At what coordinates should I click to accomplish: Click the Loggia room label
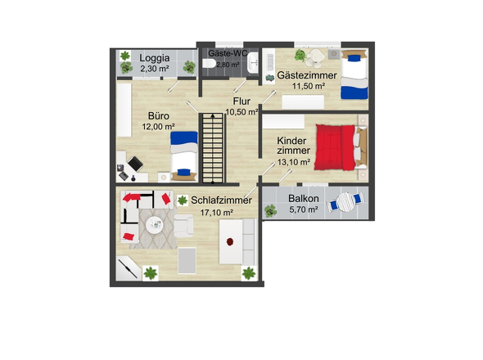point(155,58)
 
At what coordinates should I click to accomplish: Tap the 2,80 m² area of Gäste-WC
point(228,65)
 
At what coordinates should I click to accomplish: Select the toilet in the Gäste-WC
point(210,63)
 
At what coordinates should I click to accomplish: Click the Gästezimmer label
point(307,75)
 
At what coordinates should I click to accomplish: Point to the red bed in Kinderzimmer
point(335,147)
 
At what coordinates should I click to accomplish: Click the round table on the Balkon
point(345,202)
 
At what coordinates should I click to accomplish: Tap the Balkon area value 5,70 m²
point(304,209)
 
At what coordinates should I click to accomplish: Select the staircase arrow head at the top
point(213,116)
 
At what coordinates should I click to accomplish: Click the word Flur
point(241,101)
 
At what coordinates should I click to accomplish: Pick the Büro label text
point(159,116)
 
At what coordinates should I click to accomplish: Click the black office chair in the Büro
point(135,164)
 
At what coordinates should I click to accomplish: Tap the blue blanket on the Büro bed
point(184,137)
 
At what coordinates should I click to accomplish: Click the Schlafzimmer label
point(221,200)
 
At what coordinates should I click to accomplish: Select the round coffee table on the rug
point(154,225)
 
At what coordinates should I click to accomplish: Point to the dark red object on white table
point(230,241)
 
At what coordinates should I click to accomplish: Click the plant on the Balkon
point(270,211)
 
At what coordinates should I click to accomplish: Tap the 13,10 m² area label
point(294,162)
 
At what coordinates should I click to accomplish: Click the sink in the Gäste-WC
point(253,62)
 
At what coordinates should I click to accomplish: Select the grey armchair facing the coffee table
point(183,226)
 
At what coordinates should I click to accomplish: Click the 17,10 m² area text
point(217,213)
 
